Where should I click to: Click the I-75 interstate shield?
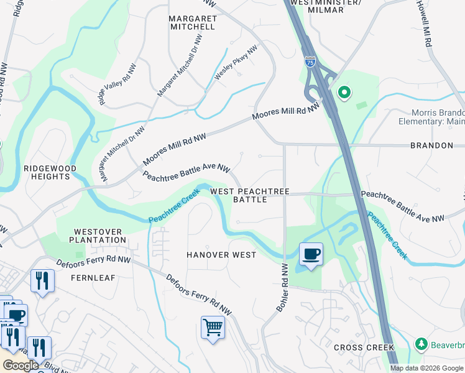click(310, 61)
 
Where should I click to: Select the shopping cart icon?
click(213, 326)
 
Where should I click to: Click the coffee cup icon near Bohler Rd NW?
click(310, 254)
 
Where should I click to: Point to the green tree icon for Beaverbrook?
click(421, 344)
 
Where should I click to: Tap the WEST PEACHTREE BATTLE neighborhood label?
click(249, 196)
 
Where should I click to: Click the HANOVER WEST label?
click(221, 255)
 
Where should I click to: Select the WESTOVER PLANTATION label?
click(98, 236)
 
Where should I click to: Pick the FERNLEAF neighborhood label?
click(93, 278)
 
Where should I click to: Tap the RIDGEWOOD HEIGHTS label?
click(50, 172)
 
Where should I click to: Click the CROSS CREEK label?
click(364, 348)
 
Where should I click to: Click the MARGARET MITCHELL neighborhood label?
click(193, 23)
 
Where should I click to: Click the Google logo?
click(20, 366)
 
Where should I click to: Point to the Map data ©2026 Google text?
click(426, 368)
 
